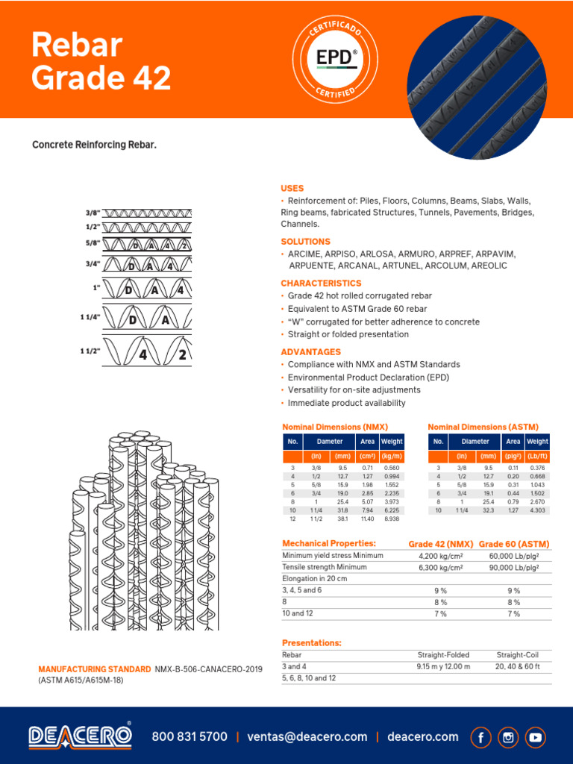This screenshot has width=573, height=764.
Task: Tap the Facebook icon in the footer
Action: (481, 737)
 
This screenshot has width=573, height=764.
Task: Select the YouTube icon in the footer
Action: (535, 737)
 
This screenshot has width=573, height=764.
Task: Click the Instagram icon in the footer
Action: (508, 737)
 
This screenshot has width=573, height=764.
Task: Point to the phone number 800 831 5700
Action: (190, 736)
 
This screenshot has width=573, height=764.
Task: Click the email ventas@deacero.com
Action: (307, 736)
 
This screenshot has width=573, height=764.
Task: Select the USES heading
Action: (292, 189)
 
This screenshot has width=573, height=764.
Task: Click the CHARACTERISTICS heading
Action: (321, 284)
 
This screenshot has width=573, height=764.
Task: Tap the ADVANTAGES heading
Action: (310, 351)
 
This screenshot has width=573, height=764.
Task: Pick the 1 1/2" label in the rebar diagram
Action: (90, 350)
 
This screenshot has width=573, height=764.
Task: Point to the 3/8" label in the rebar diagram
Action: (93, 213)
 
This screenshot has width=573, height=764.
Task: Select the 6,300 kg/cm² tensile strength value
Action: (439, 567)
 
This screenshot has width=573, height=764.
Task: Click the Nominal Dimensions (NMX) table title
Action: (334, 427)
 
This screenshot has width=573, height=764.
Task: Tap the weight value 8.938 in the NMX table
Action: (392, 519)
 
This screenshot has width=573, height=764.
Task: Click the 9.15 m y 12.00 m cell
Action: (443, 666)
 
